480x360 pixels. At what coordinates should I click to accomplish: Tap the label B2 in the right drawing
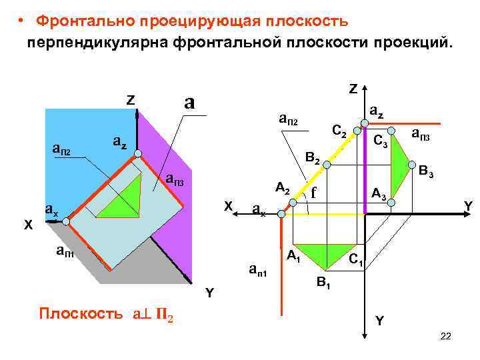pos(312,159)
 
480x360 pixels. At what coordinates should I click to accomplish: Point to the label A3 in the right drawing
pos(379,194)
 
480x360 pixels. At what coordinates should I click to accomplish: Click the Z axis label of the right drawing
pos(353,88)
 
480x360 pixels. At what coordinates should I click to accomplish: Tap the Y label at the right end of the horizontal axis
pos(468,208)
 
